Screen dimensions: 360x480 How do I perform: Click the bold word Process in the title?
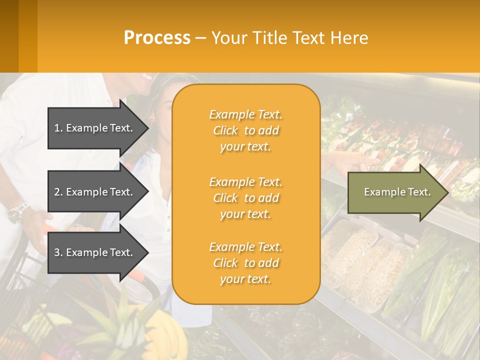[x=157, y=38]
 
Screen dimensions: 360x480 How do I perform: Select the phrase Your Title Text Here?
[x=289, y=38]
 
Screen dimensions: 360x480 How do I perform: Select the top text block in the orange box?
[x=245, y=130]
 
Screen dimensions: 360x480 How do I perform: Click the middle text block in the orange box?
[x=245, y=198]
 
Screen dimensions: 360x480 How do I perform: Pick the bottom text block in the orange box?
[x=245, y=263]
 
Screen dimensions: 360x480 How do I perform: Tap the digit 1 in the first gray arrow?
[x=57, y=128]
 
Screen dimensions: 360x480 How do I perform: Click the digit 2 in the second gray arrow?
[x=57, y=192]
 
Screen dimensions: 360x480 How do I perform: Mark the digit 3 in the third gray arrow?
[x=57, y=252]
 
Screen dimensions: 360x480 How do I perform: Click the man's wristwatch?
[x=18, y=212]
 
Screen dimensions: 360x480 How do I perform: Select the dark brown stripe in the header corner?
[x=9, y=36]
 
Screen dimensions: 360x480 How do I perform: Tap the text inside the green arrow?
[x=397, y=192]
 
